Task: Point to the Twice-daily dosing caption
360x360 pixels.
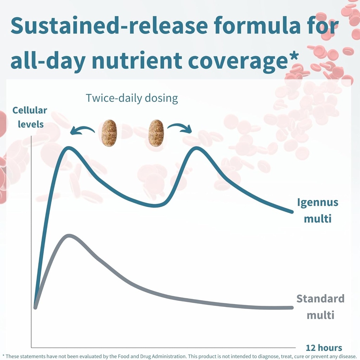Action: coord(132,98)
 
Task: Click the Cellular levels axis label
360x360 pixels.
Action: coord(30,117)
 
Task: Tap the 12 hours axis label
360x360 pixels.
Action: coord(324,348)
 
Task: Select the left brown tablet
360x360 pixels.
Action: coord(109,133)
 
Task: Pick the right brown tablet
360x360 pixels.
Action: coord(156,133)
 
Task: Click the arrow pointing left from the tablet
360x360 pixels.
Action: coord(82,129)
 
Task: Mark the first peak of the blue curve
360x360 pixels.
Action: coord(69,148)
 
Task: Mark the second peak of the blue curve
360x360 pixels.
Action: coord(197,148)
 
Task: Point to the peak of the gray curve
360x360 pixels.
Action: coord(69,236)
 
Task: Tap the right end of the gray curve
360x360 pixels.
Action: coord(292,307)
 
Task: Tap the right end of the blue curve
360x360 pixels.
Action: coord(292,212)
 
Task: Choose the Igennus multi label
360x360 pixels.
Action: coord(318,210)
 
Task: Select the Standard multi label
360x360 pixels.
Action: coord(321,307)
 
